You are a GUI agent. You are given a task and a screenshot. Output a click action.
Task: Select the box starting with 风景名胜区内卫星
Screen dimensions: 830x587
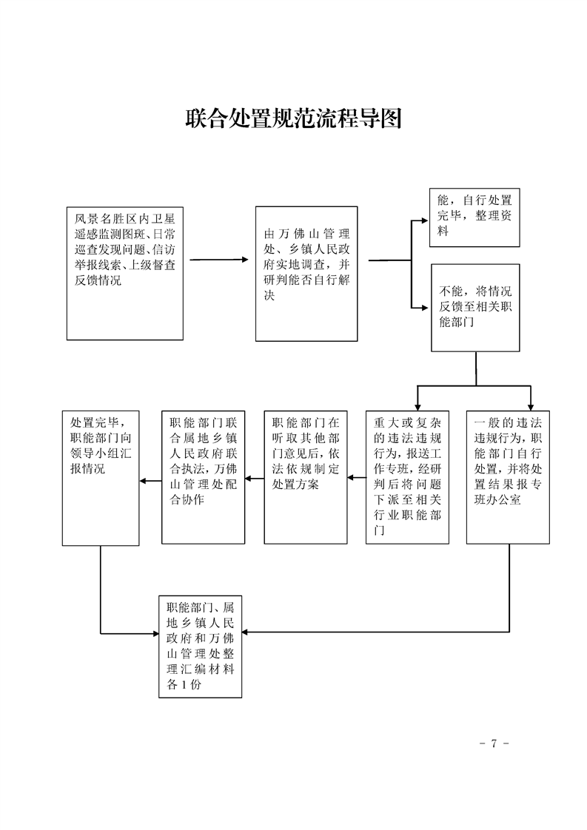point(124,273)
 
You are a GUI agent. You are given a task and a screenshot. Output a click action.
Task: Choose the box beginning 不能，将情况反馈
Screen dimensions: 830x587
point(475,307)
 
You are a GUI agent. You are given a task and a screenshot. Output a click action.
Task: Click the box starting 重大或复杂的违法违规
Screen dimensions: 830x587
point(407,477)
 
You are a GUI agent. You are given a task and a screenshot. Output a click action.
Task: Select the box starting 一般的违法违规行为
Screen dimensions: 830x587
point(508,477)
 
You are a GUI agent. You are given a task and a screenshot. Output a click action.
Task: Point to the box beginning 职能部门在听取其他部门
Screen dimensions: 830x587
point(306,477)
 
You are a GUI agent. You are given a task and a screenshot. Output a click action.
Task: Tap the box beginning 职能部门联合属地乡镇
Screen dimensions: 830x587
point(204,477)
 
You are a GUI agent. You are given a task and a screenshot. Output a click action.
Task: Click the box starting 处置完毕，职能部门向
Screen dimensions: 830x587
point(100,477)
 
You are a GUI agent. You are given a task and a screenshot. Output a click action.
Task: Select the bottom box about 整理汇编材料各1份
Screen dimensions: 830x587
point(201,645)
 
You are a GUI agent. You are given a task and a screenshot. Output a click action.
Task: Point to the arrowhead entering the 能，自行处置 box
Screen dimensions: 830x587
point(425,219)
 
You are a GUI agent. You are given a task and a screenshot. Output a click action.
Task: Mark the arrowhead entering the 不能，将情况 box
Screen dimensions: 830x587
point(425,304)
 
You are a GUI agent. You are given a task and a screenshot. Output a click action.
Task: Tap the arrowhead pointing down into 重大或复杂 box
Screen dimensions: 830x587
point(417,405)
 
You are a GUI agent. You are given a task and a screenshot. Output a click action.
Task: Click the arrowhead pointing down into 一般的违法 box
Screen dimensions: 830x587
point(530,405)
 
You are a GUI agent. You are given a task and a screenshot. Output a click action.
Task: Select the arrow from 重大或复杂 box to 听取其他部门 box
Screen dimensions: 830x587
point(356,478)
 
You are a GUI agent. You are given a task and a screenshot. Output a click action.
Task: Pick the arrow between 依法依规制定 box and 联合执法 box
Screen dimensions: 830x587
point(255,479)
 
